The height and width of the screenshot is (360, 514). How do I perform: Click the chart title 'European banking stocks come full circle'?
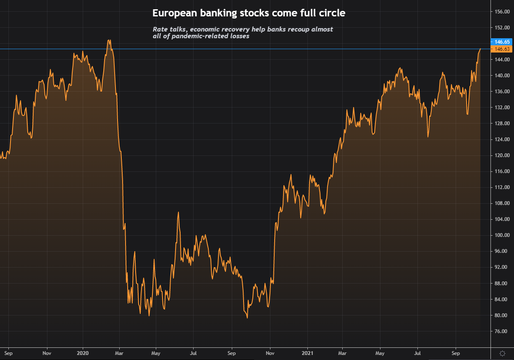249,13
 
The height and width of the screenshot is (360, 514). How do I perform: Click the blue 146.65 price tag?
502,42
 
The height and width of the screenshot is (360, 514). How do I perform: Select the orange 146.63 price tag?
502,49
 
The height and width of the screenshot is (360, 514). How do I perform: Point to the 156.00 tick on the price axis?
502,12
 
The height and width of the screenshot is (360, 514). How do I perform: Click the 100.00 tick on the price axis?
502,235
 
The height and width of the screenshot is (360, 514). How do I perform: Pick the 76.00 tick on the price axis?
502,331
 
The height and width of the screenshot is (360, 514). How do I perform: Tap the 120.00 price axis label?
502,155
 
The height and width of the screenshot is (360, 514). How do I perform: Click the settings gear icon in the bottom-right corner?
502,353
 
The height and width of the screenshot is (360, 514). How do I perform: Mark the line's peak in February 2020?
109,40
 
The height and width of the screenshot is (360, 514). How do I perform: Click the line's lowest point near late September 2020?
247,318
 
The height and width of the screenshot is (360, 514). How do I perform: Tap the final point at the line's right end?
480,49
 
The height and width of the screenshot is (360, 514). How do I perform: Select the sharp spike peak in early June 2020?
178,212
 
